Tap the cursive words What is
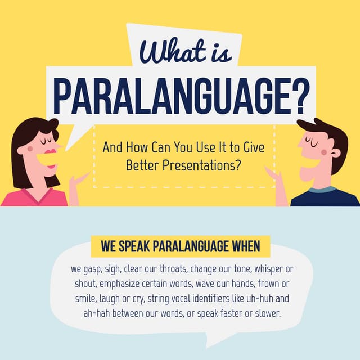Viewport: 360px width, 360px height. pos(185,52)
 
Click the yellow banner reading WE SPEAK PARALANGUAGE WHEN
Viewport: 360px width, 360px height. pos(180,246)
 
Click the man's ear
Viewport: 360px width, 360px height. pos(335,152)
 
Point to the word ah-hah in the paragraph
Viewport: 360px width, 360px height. pos(96,314)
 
